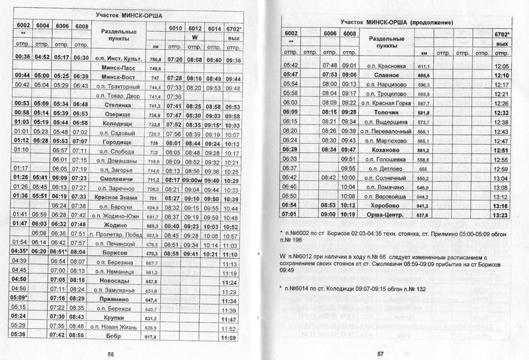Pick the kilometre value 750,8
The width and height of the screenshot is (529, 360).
[155, 59]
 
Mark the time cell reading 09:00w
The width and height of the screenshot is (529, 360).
[194, 179]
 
